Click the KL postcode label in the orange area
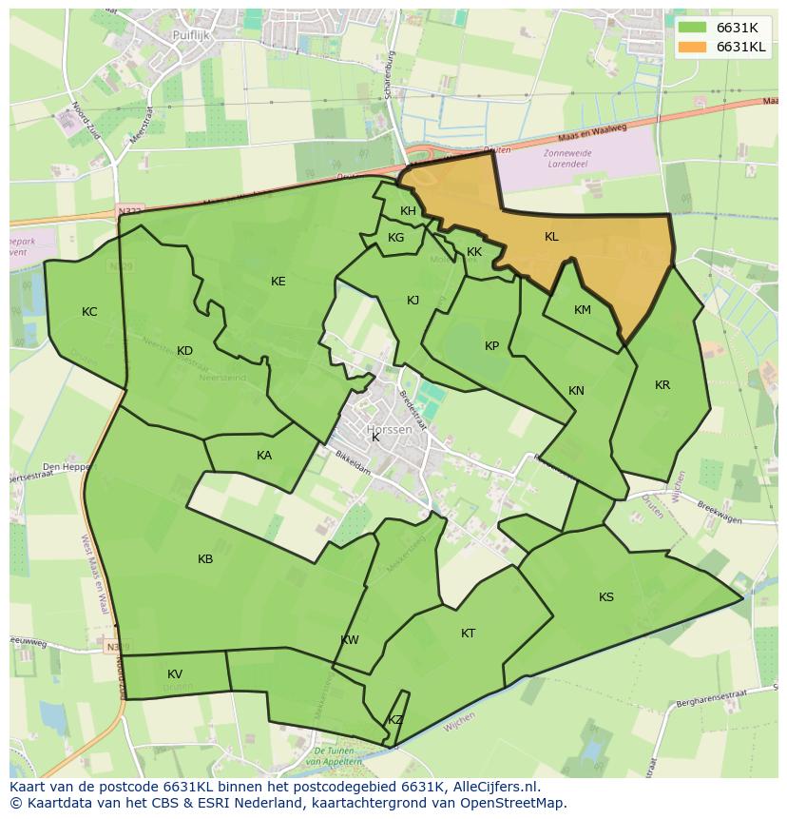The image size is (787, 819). [x=551, y=237]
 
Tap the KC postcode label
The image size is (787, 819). [x=89, y=312]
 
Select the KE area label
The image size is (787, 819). [x=278, y=282]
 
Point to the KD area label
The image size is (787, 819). [x=184, y=351]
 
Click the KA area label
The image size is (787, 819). [x=264, y=456]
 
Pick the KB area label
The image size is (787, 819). [x=205, y=559]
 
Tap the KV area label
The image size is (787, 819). [x=175, y=674]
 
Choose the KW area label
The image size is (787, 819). [x=350, y=640]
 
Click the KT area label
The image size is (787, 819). [x=468, y=634]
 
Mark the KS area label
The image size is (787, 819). [x=606, y=597]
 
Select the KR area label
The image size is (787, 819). [x=662, y=385]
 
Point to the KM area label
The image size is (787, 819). [x=583, y=310]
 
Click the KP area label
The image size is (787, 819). [x=491, y=346]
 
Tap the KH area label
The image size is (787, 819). [x=408, y=211]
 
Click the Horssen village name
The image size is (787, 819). [x=390, y=430]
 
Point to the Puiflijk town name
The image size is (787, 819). [x=191, y=35]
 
